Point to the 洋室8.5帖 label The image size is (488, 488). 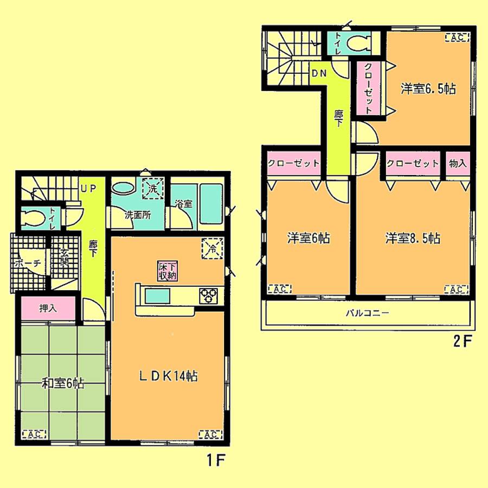click(413, 238)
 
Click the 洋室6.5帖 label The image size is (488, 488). click(428, 89)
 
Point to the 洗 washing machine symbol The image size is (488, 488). click(152, 190)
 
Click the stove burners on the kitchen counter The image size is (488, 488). click(209, 296)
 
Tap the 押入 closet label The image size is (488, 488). click(48, 308)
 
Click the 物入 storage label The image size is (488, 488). click(458, 163)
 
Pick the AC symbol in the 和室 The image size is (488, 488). click(35, 433)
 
